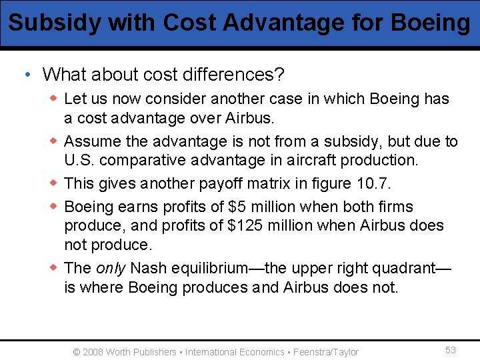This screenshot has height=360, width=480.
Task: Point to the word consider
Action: coord(176,99)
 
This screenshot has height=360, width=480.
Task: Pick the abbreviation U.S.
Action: coord(80,160)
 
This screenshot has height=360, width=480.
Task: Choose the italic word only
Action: coord(111,268)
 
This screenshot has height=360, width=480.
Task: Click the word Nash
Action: coord(149,268)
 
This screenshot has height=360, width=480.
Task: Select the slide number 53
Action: coord(451,351)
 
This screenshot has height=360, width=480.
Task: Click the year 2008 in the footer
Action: coord(93,352)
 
